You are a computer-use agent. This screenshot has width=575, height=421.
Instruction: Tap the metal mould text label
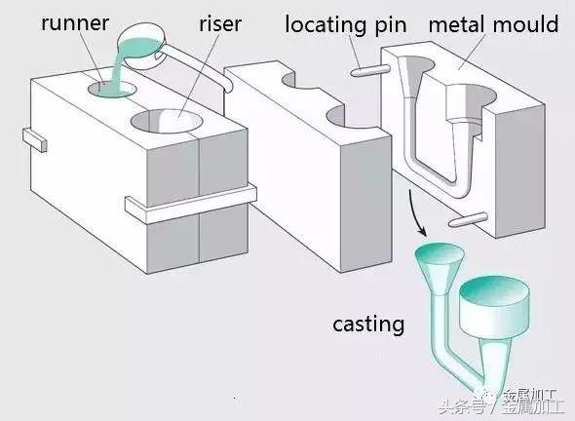point(493,22)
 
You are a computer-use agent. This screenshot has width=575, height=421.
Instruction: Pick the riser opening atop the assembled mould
point(168,123)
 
